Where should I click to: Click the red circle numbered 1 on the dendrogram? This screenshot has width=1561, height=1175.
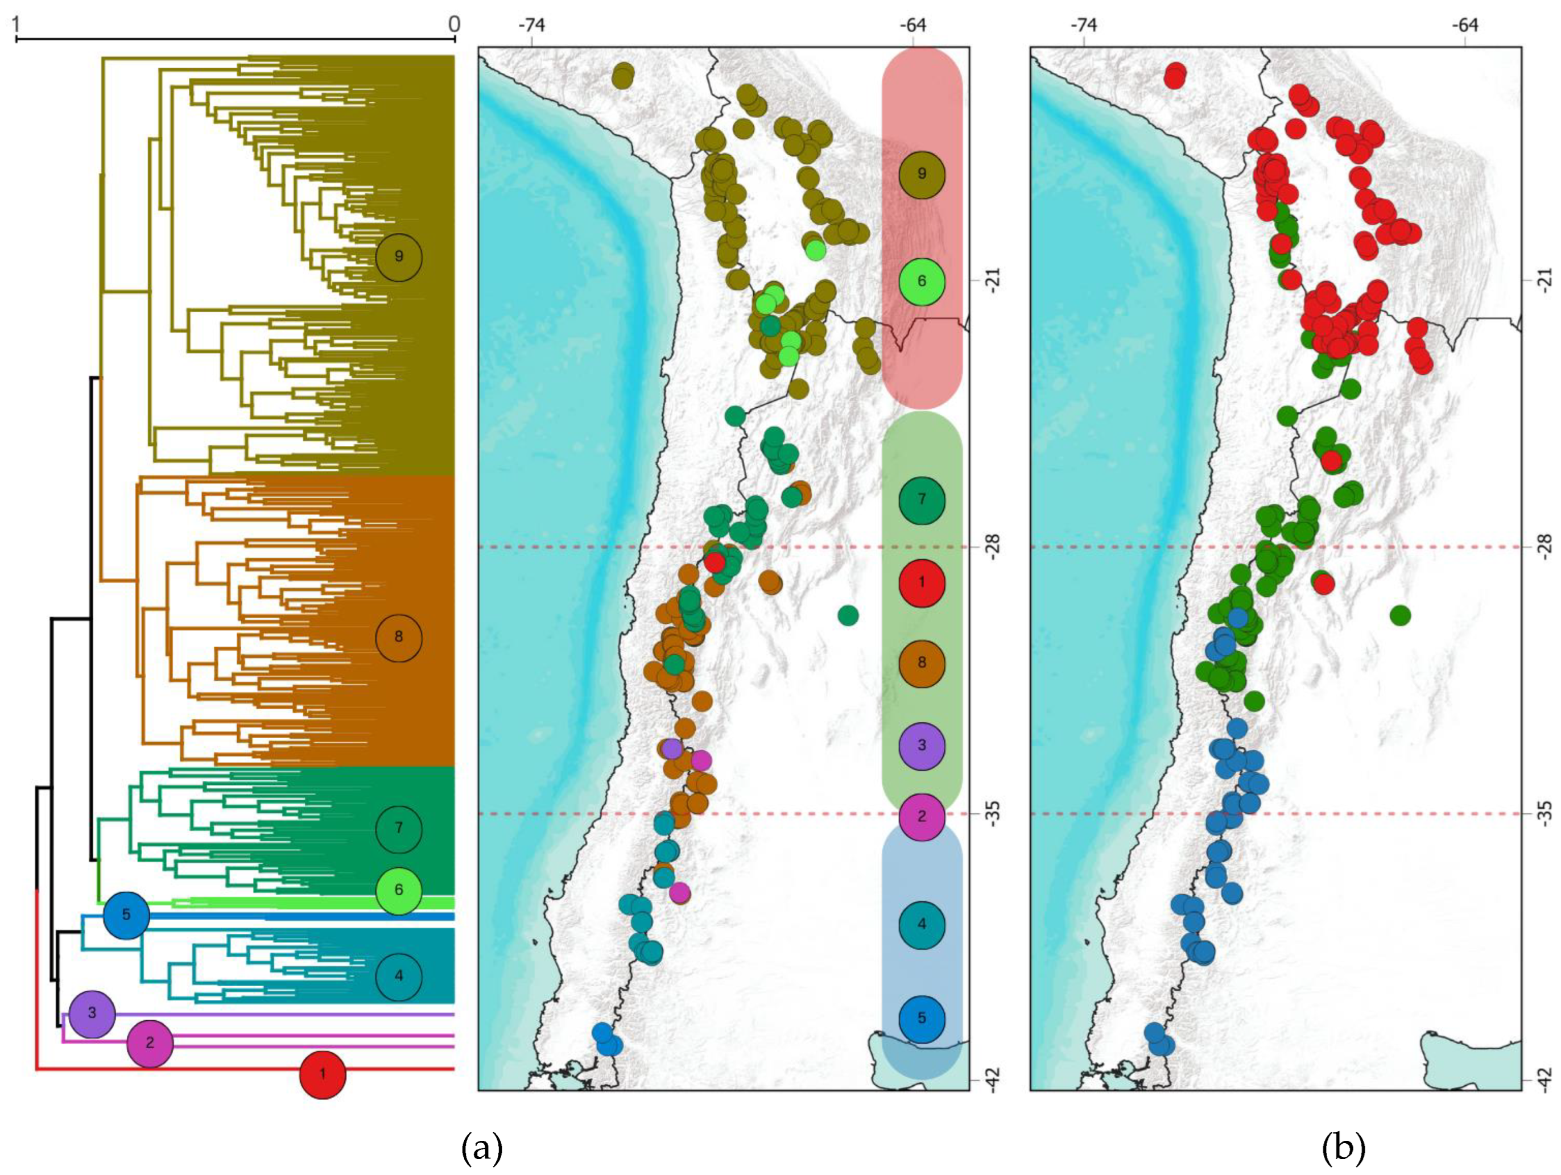tap(323, 1075)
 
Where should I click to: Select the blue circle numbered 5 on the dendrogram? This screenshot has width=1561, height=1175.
tap(126, 915)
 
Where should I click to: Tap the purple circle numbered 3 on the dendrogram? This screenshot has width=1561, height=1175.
tap(92, 1014)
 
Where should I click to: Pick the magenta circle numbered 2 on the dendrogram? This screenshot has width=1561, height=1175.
tap(150, 1042)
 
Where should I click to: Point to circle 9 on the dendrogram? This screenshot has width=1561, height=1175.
tap(399, 258)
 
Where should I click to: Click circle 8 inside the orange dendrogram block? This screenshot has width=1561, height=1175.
tap(399, 637)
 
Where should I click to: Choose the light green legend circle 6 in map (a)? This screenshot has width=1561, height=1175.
tap(922, 282)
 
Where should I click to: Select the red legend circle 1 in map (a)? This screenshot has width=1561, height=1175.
tap(922, 583)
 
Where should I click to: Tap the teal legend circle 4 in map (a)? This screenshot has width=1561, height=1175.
tap(922, 925)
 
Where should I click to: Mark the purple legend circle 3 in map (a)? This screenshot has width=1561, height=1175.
tap(922, 745)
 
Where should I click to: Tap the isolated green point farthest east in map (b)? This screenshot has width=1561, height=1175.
tap(1400, 616)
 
